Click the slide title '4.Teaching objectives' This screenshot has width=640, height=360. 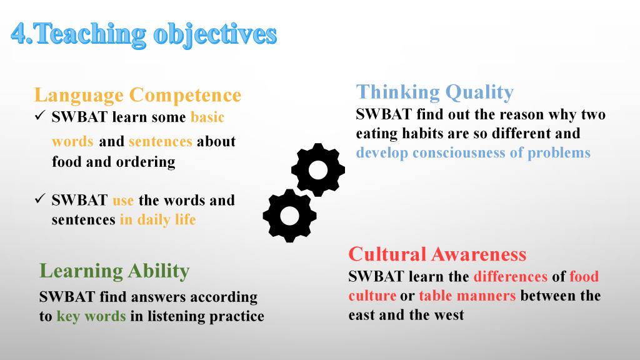pyautogui.click(x=144, y=34)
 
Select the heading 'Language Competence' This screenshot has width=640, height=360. pyautogui.click(x=138, y=95)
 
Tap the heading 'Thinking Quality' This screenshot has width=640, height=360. pyautogui.click(x=435, y=92)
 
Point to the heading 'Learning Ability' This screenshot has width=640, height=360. pyautogui.click(x=114, y=271)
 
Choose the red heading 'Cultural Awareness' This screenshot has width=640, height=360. pyautogui.click(x=437, y=254)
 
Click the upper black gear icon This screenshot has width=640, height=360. pyautogui.click(x=318, y=170)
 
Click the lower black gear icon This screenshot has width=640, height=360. pyautogui.click(x=290, y=216)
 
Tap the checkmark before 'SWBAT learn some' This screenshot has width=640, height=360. pyautogui.click(x=39, y=116)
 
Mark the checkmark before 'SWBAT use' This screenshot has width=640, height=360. pyautogui.click(x=39, y=199)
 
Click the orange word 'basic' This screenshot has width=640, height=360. pyautogui.click(x=207, y=117)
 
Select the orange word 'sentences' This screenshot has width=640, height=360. pyautogui.click(x=161, y=141)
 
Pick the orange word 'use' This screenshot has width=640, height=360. pyautogui.click(x=123, y=201)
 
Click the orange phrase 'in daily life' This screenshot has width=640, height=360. pyautogui.click(x=158, y=219)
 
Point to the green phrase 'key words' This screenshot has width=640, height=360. pyautogui.click(x=91, y=316)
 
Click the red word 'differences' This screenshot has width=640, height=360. pyautogui.click(x=510, y=276)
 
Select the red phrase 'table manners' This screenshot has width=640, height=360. pyautogui.click(x=467, y=296)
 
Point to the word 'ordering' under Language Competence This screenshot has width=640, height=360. pyautogui.click(x=146, y=162)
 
